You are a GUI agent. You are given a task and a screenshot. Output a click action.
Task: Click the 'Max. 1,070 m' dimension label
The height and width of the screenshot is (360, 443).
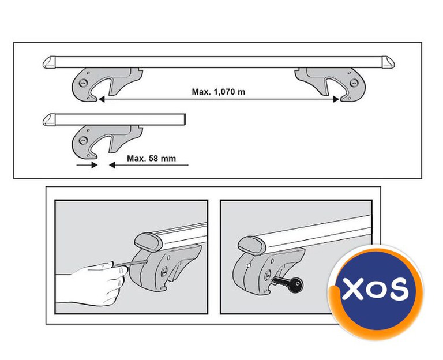219,92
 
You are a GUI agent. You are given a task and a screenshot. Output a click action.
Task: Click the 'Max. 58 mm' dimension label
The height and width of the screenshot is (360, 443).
151,158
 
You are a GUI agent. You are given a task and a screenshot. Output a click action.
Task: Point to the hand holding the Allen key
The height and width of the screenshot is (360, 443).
91,283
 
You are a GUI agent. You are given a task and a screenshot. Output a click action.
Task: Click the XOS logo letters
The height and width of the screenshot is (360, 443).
375,288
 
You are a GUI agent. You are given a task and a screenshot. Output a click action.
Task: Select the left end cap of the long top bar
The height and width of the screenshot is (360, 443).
50,62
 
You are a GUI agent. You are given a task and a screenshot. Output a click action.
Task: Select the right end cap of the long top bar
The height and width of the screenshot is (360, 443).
388,62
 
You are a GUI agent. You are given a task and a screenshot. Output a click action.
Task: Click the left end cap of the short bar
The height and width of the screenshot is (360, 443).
50,120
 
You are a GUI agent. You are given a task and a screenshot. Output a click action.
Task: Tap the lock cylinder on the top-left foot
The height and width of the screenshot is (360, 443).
83,82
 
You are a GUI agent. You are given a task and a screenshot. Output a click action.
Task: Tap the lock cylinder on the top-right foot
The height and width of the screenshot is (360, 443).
354,83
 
